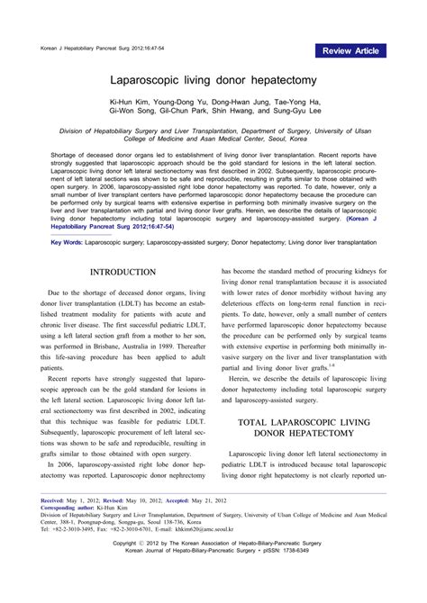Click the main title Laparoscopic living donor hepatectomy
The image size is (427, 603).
tap(213, 79)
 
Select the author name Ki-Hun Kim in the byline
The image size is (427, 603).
tap(132, 103)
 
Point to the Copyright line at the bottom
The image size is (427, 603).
tap(213, 570)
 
